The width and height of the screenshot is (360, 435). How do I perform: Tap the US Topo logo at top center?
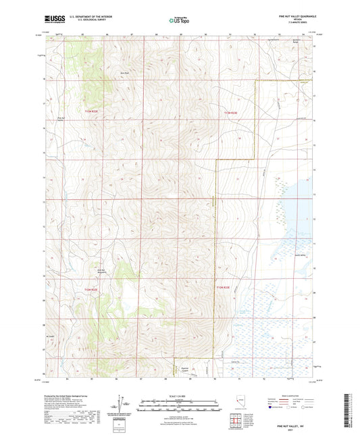click(179, 20)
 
